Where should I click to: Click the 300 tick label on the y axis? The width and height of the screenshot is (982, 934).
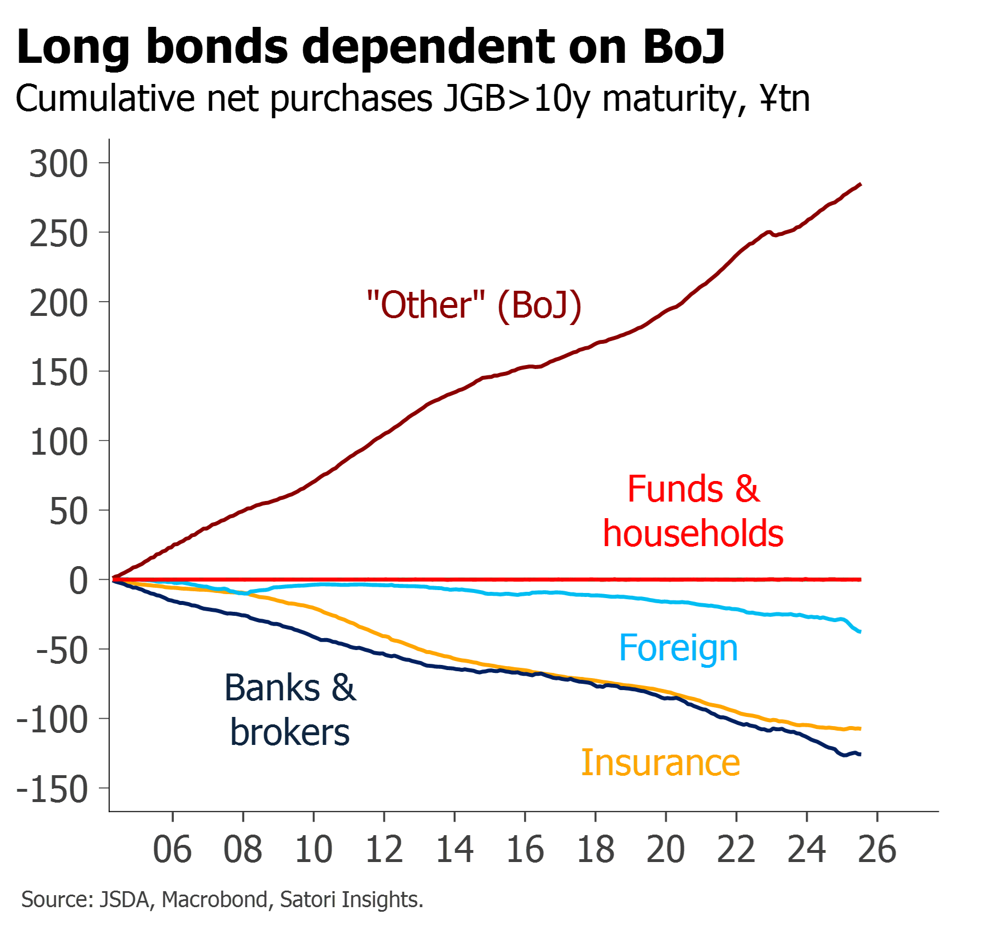coord(58,164)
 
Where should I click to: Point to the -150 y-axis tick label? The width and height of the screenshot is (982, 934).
coord(53,789)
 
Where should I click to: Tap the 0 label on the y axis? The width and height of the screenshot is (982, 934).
coord(78,580)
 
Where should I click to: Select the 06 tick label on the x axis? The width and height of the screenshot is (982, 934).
coord(172,849)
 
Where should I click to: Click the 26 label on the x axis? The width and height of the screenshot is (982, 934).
coord(877,849)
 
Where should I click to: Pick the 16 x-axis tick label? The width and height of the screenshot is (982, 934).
coord(525,849)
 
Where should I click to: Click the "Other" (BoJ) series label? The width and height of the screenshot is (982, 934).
coord(474,305)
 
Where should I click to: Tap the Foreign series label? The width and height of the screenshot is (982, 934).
coord(678,648)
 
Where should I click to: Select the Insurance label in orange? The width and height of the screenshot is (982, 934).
coord(661,763)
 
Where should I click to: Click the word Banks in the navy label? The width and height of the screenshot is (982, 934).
coord(272,688)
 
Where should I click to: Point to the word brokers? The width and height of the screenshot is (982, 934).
coord(290,733)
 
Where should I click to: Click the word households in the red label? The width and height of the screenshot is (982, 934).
coord(694,534)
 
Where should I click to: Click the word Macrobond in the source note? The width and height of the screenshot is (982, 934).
coord(214,899)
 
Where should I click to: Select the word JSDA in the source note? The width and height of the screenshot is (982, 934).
coord(125,899)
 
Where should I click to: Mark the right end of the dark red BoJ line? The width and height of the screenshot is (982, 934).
coord(861,184)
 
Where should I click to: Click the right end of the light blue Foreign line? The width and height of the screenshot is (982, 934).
coord(861,631)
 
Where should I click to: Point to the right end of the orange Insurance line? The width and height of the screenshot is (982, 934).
coord(861,729)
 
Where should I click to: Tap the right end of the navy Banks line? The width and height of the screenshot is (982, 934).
coord(861,755)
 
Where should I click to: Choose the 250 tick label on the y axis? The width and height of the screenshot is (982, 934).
coord(58,234)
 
